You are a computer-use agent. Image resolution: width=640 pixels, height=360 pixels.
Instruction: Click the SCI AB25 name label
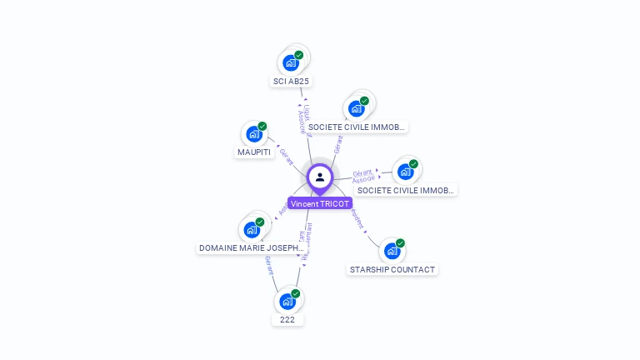pos(291,82)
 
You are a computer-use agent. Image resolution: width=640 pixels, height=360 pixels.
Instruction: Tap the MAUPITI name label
pos(254,152)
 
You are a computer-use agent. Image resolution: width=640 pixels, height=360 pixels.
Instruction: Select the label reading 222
pos(287,319)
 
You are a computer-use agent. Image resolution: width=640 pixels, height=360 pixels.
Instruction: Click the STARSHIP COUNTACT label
pos(392,270)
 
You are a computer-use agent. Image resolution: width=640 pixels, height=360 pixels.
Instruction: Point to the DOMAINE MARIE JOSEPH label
pos(251,248)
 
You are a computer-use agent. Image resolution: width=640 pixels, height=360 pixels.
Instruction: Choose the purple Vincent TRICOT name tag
pos(320,203)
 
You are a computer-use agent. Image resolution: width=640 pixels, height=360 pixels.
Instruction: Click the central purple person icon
pos(320,177)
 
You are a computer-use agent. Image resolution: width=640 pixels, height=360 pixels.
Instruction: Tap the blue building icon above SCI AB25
pos(290,62)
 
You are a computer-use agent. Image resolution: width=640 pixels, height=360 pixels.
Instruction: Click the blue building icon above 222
pos(287,301)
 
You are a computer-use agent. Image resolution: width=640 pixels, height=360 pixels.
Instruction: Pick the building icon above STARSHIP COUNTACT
pos(392,251)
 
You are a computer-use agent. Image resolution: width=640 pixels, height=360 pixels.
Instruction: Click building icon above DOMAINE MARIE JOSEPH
pos(251,229)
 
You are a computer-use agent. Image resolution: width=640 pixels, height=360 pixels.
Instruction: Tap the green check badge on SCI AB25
pos(298,55)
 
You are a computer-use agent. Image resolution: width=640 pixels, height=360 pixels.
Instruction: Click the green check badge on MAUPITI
pos(262,126)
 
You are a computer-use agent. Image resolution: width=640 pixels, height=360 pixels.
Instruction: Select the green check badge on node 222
pos(295,293)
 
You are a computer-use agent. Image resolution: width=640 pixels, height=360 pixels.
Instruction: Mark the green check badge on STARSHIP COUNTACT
pos(400,243)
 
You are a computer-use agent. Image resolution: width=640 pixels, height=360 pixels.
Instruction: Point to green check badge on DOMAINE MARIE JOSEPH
pos(259,222)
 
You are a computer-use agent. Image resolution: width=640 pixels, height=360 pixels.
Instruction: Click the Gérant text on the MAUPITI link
pos(287,156)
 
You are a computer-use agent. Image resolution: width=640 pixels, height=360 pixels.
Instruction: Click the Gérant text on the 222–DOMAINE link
pos(269,266)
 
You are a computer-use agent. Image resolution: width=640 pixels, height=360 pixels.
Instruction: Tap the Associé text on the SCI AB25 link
pos(302,122)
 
